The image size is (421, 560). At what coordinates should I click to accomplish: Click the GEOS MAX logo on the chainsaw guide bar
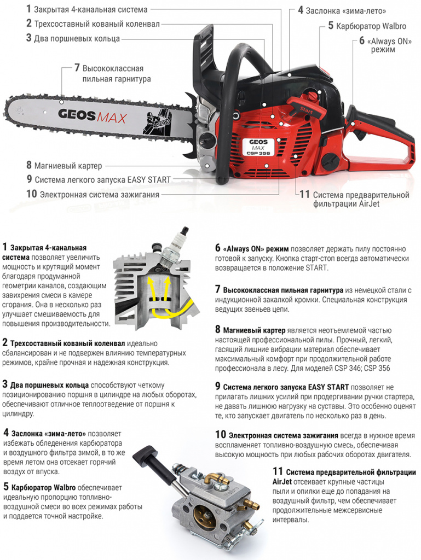(92, 116)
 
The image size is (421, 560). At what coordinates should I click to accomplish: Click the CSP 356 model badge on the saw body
(258, 147)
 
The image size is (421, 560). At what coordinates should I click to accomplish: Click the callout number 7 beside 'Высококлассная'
(77, 67)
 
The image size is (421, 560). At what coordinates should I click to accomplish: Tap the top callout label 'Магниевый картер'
(68, 166)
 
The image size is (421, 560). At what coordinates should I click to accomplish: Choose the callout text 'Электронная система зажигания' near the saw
(99, 195)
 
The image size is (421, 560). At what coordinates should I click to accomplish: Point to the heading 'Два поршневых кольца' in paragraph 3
(49, 385)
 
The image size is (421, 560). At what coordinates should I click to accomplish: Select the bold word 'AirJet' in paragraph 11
(282, 482)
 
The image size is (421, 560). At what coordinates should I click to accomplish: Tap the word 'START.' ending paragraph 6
(316, 267)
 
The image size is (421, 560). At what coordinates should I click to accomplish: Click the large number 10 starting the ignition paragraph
(221, 434)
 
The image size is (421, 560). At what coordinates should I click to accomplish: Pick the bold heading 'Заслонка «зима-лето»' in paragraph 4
(49, 434)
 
